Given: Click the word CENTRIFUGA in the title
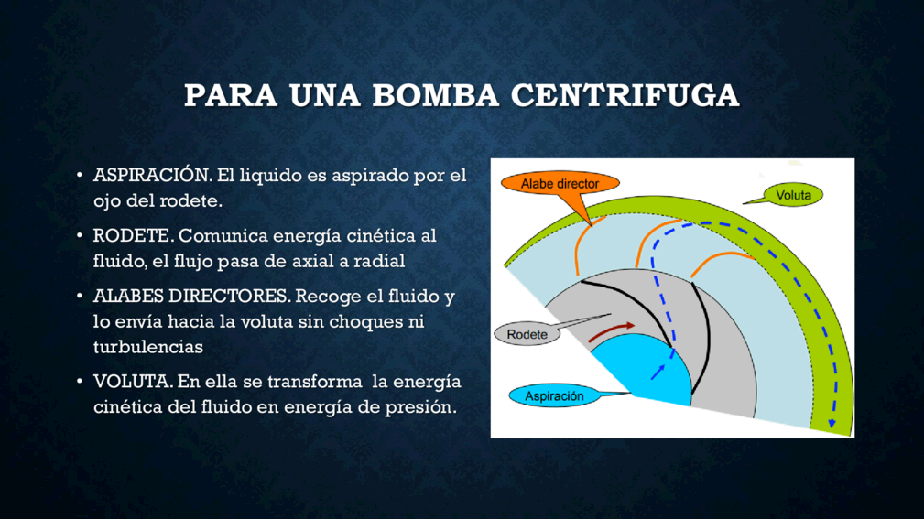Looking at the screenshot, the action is [625, 95].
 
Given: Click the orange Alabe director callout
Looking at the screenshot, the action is [560, 184].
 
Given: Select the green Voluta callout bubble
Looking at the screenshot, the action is [793, 195].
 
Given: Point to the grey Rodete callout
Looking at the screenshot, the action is [527, 334].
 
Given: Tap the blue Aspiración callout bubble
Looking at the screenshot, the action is [554, 395].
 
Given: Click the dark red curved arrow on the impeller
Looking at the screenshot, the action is [611, 331].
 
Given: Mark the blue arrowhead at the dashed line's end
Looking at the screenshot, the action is [832, 423].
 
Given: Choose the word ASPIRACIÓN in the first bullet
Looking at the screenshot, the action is [152, 175].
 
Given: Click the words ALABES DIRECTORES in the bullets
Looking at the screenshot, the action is [191, 296].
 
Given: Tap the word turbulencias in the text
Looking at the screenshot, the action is [148, 347].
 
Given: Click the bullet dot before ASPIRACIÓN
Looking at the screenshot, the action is [80, 175].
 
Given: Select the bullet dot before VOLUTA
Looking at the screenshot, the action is [80, 382].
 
